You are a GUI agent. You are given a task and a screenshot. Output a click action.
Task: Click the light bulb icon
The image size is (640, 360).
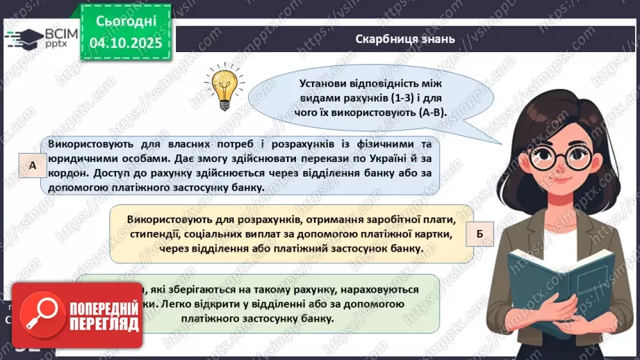click(x=222, y=85)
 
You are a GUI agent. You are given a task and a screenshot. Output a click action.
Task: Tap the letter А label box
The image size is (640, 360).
click(x=33, y=165)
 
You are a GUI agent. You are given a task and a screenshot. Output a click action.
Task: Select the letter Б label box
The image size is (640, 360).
click(x=479, y=234)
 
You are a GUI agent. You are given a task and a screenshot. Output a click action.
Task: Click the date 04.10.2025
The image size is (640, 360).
click(x=125, y=42)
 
